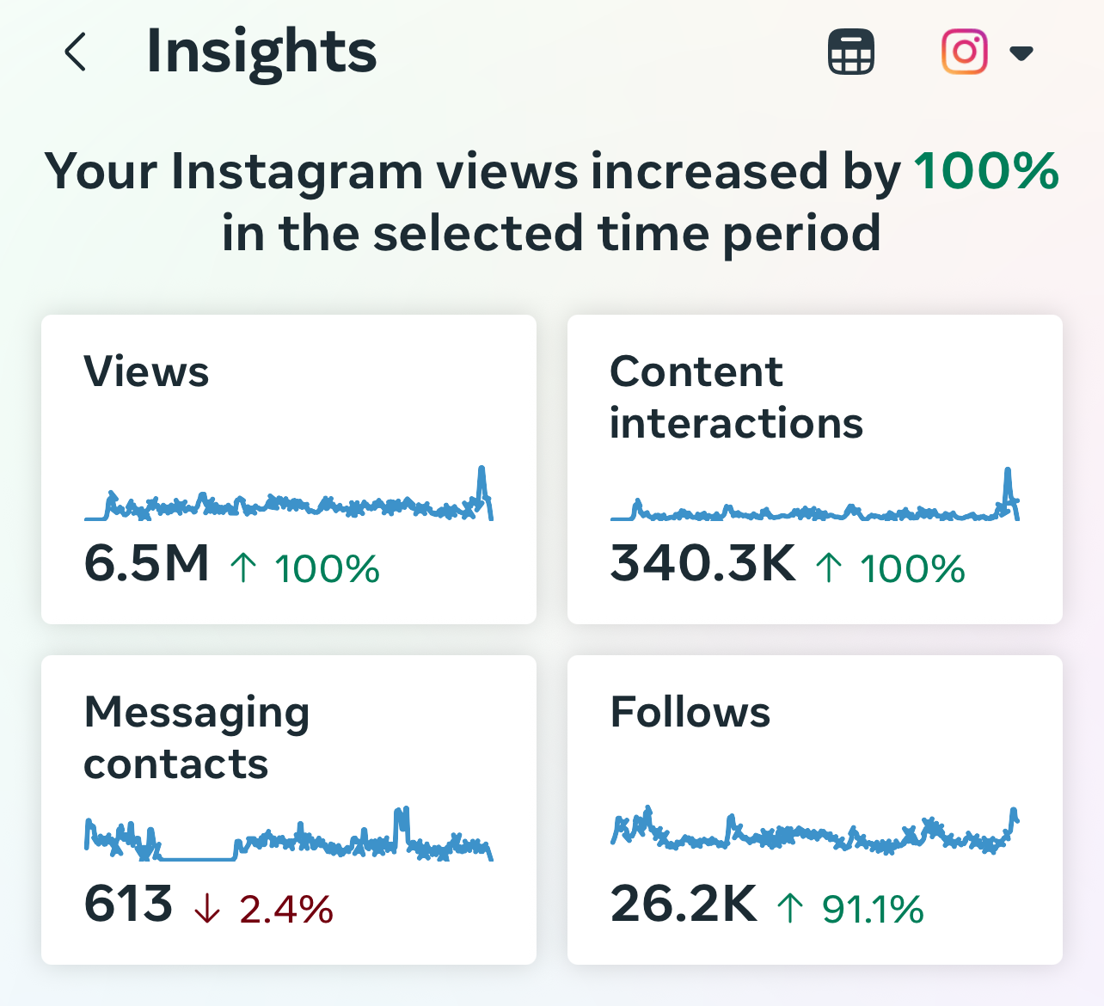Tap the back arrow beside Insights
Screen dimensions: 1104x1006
pos(76,52)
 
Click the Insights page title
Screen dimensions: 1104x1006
pos(261,53)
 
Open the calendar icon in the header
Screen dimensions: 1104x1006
pos(851,52)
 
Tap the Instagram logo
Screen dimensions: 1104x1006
pos(964,52)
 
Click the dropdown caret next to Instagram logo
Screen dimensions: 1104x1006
pos(1021,53)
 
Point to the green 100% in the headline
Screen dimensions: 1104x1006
pos(986,171)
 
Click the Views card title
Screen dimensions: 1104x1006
pos(146,371)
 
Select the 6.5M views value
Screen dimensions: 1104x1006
pos(146,562)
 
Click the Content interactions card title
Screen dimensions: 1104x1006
pos(736,397)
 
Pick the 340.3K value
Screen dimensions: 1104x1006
pos(702,562)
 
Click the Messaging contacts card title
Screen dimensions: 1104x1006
pos(197,737)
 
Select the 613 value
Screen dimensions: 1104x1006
pos(128,903)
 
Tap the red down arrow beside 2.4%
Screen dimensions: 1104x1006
pos(207,908)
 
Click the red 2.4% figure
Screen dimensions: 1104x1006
pos(286,909)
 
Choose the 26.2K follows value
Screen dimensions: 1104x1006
pos(684,903)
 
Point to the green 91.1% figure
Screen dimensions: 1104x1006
pos(873,909)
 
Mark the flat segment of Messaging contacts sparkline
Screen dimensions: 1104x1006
pos(197,858)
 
